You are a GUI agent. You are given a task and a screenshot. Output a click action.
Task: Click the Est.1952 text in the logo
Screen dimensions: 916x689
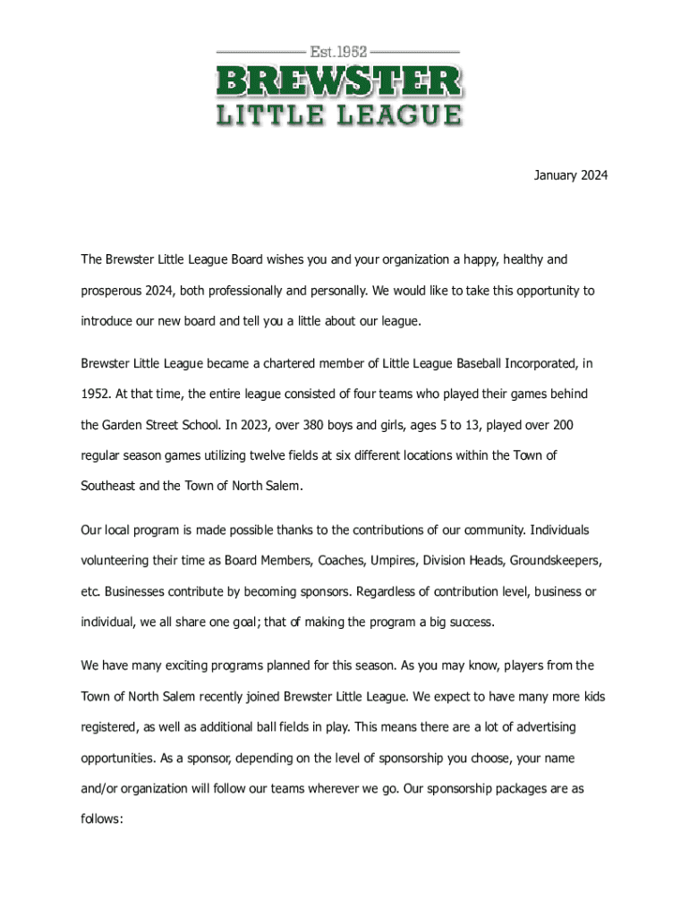point(339,51)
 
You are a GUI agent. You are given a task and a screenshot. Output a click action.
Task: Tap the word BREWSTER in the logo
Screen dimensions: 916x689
point(339,82)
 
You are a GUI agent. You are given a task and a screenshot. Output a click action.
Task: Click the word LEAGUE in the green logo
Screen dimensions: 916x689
point(405,115)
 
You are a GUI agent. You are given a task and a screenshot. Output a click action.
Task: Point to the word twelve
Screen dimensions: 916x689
point(259,455)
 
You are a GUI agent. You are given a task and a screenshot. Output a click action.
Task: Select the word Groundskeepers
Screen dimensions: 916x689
point(556,561)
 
